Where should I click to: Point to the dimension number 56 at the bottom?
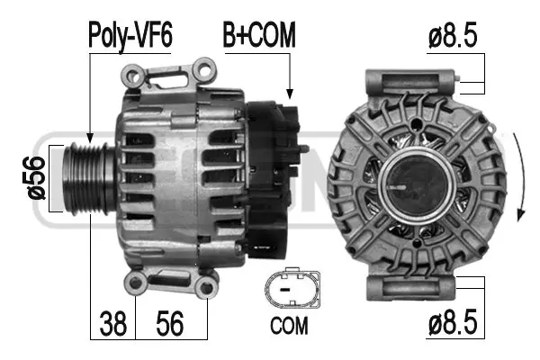tap(171, 322)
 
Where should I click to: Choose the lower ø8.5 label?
tap(453, 322)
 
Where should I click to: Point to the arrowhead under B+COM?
tap(289, 93)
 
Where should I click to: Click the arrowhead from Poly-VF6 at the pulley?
tap(89, 139)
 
